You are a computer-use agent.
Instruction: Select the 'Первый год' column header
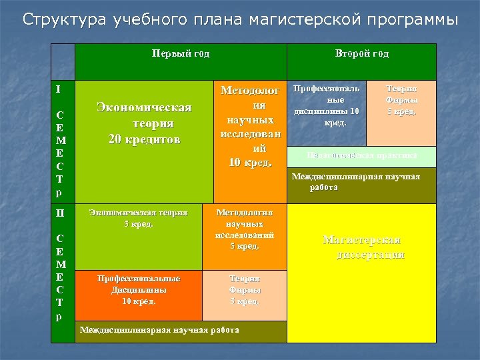[181, 54]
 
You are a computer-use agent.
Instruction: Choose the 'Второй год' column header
[362, 54]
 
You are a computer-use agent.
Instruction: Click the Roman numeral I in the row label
[58, 89]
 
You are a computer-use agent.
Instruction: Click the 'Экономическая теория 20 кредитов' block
[144, 123]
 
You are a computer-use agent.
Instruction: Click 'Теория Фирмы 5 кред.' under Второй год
[402, 100]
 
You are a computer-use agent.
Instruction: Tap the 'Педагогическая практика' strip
[362, 156]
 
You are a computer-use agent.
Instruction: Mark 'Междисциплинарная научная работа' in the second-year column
[362, 182]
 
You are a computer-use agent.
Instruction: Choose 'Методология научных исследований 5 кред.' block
[245, 230]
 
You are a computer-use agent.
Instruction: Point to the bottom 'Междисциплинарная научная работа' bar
[160, 331]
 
